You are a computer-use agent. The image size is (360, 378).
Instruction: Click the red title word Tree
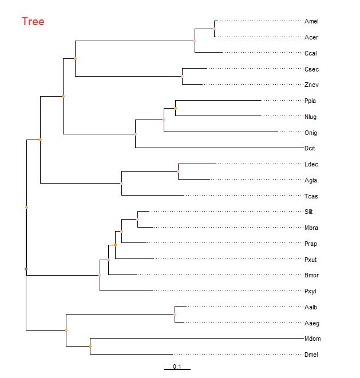tap(33, 22)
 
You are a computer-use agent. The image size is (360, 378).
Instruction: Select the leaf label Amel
tap(311, 22)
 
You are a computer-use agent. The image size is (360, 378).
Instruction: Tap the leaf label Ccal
tap(311, 53)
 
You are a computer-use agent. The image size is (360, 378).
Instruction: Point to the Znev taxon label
tap(311, 85)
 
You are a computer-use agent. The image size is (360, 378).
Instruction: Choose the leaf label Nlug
tap(311, 117)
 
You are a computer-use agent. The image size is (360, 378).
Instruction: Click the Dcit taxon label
tap(310, 149)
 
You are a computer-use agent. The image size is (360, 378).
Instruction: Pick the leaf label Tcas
tap(311, 196)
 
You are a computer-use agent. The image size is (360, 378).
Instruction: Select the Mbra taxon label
tap(311, 228)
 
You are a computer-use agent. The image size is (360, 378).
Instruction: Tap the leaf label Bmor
tap(311, 276)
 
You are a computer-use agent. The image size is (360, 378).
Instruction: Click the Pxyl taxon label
tap(311, 292)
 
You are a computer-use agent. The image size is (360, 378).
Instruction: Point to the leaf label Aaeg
tap(311, 323)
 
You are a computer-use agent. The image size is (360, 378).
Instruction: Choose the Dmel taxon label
tap(311, 355)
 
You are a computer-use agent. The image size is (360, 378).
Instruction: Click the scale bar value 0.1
tap(177, 367)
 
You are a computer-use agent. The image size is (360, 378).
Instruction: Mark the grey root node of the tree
tap(26, 269)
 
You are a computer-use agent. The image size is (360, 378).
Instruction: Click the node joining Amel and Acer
tap(214, 29)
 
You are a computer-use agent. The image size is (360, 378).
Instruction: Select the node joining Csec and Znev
tap(182, 76)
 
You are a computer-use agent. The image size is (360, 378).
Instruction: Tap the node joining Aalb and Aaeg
tap(175, 315)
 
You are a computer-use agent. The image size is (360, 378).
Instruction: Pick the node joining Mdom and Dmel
tap(90, 346)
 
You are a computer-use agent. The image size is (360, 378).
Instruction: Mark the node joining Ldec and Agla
tap(178, 171)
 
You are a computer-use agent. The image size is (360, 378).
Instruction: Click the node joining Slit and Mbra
tap(137, 218)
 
